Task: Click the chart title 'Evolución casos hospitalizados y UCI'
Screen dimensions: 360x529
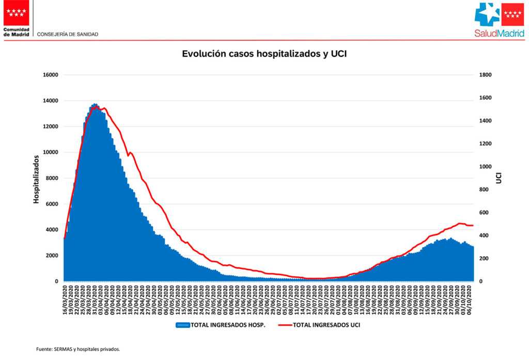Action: click(x=264, y=54)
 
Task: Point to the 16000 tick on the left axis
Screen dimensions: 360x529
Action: click(x=50, y=75)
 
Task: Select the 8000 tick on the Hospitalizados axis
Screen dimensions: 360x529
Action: click(x=52, y=178)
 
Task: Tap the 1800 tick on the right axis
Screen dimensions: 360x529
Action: click(x=486, y=75)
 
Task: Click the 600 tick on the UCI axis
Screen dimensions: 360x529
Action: click(x=484, y=213)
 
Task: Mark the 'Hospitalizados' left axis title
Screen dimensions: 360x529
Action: click(x=37, y=178)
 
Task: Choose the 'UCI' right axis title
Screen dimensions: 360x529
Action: click(x=499, y=178)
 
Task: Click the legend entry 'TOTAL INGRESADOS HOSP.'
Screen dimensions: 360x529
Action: click(x=228, y=325)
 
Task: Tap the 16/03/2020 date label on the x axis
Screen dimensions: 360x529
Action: click(x=65, y=299)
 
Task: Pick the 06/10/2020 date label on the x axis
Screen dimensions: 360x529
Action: click(x=470, y=299)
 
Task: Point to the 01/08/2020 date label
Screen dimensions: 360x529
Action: click(x=338, y=299)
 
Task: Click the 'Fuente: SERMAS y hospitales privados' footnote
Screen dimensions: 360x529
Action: click(x=78, y=349)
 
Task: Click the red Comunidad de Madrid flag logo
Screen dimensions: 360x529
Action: click(x=17, y=13)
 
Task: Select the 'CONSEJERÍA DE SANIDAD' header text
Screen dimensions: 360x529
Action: click(x=68, y=34)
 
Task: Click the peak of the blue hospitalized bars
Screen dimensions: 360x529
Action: click(x=95, y=104)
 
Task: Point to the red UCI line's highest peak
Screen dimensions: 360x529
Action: click(x=98, y=107)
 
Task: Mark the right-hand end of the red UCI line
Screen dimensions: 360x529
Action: click(x=473, y=226)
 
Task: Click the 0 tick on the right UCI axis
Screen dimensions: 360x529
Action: click(x=481, y=281)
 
